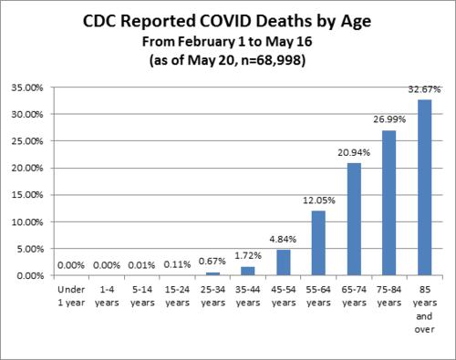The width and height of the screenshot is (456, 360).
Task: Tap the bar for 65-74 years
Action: tap(353, 220)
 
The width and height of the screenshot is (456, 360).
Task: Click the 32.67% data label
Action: tap(424, 90)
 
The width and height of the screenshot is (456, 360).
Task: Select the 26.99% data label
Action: tap(389, 121)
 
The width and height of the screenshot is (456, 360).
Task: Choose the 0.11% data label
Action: tap(176, 265)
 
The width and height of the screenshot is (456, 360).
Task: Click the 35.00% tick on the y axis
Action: tap(35, 87)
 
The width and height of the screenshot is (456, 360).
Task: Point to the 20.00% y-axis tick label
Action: tap(35, 169)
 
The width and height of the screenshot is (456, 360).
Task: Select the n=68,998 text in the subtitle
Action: tap(271, 61)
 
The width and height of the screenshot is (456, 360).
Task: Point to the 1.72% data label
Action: tap(247, 258)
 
